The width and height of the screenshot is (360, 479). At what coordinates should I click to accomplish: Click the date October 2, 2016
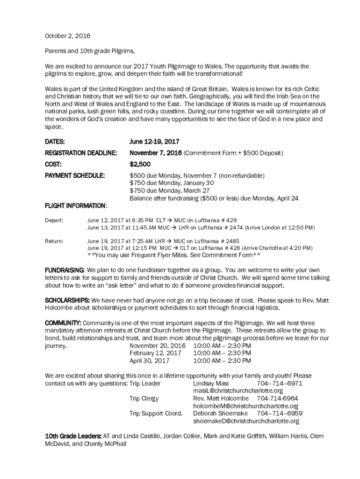click(x=67, y=36)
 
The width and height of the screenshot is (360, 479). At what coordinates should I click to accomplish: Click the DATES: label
click(x=55, y=141)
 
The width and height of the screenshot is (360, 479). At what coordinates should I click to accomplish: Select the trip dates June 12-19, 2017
click(x=154, y=141)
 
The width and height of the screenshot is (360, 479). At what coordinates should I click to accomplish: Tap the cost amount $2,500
click(x=140, y=164)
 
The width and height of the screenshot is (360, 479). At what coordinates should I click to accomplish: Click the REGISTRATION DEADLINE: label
click(x=81, y=153)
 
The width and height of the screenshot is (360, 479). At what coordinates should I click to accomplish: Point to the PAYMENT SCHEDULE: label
click(x=75, y=176)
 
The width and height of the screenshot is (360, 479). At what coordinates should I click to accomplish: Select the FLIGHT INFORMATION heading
click(x=75, y=206)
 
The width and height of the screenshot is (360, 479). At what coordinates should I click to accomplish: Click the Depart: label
click(x=54, y=220)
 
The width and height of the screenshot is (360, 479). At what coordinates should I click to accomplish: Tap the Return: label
click(x=54, y=241)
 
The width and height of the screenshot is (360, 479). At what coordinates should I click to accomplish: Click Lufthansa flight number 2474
click(x=233, y=227)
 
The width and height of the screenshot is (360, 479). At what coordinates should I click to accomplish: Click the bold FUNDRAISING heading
click(x=65, y=270)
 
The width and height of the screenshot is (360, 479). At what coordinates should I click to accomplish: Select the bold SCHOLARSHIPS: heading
click(x=67, y=300)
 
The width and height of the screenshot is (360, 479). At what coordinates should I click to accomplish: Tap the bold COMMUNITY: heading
click(x=63, y=323)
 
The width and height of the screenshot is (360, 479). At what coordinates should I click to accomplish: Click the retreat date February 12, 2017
click(x=156, y=353)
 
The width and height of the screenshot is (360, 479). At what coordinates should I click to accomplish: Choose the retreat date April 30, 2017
click(x=150, y=361)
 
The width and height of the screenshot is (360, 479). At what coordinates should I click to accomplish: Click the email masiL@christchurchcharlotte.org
click(x=238, y=391)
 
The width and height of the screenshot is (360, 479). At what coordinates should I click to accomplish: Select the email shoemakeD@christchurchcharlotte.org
click(x=246, y=421)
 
